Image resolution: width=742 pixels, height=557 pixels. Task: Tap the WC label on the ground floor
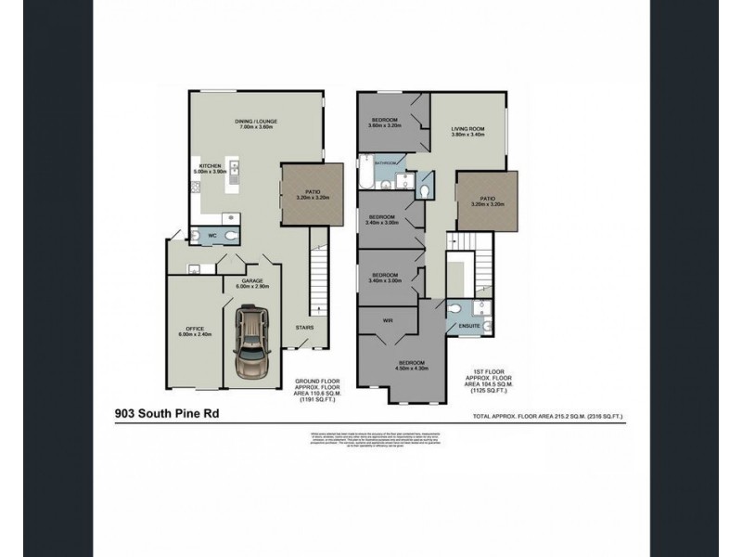[211, 236]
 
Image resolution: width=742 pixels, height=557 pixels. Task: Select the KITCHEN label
[210, 165]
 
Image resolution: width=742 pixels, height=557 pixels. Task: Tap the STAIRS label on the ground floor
[304, 328]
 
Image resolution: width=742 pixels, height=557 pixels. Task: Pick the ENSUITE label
[469, 327]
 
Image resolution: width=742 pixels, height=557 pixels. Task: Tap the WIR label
[387, 320]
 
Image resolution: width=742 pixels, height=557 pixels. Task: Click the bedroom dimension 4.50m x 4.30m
[412, 368]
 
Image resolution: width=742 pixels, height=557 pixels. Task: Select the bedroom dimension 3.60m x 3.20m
[386, 127]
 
